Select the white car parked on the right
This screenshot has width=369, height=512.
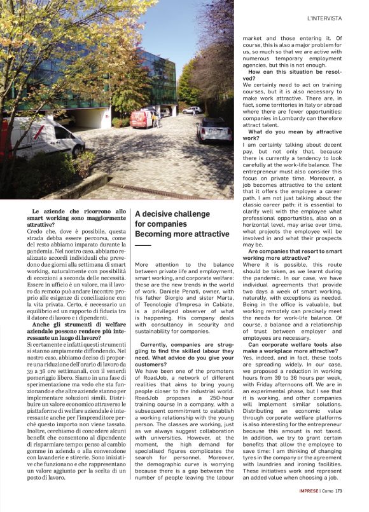click(214, 130)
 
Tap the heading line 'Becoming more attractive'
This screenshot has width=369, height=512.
click(182, 234)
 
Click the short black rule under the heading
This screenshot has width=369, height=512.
click(143, 245)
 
